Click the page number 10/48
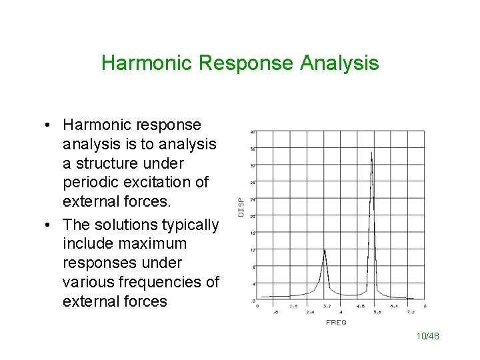[x=428, y=337]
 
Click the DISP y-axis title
[x=241, y=207]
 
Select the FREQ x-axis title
[x=336, y=323]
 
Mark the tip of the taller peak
[x=371, y=153]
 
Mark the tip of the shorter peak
[x=325, y=249]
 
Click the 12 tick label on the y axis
[x=253, y=249]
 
